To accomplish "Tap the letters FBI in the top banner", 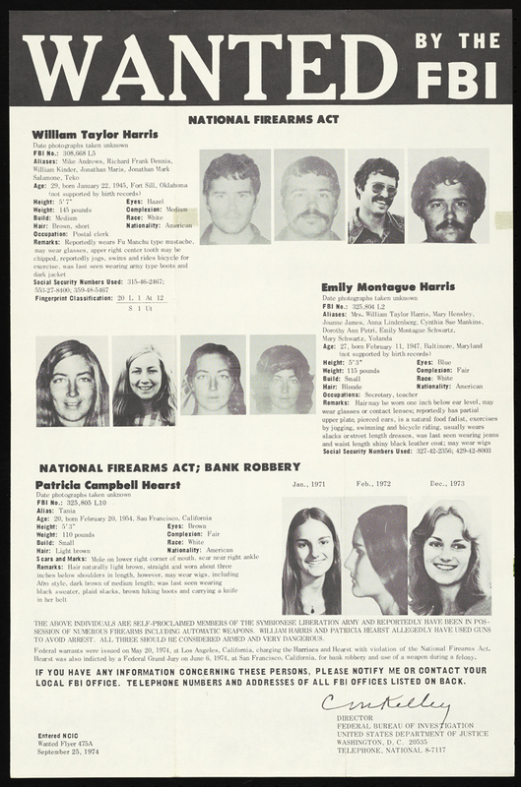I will tap(457, 77).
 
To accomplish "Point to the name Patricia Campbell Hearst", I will tap(108, 485).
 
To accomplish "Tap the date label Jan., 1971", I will tap(310, 486).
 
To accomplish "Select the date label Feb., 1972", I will tap(376, 486).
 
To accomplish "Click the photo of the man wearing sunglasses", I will tap(376, 197).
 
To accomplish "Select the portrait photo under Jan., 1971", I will tap(311, 560).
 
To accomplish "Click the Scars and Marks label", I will tap(62, 558).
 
